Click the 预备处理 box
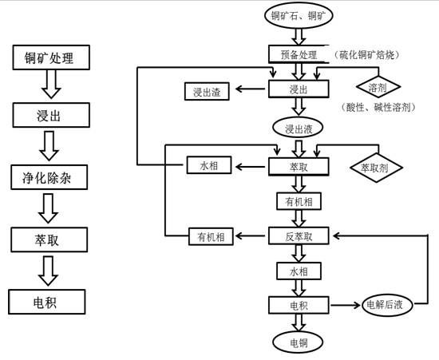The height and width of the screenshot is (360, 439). point(299,55)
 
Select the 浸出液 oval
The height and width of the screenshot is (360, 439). point(298,127)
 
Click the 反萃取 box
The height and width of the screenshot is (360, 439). point(299,236)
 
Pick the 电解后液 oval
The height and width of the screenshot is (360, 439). point(387,304)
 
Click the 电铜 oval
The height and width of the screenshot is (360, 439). point(299,342)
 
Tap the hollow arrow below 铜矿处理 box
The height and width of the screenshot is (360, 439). point(50,85)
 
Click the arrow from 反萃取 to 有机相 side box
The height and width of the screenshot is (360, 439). point(250,236)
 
